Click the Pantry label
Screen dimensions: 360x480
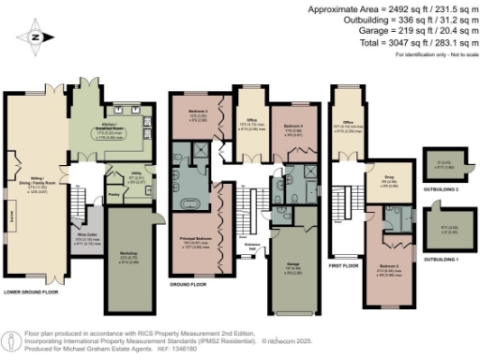(113, 195)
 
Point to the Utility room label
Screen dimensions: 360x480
(136, 178)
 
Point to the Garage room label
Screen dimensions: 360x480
(292, 268)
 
